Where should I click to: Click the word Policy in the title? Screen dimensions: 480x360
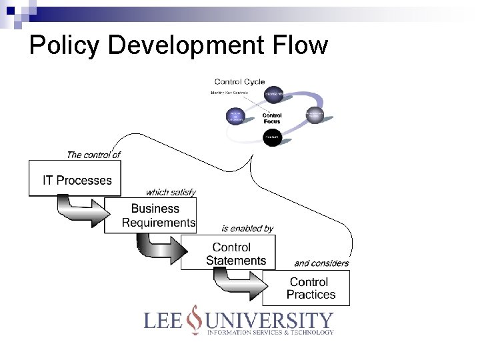[65, 45]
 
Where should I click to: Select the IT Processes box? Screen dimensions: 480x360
[77, 179]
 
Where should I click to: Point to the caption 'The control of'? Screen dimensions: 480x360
[93, 155]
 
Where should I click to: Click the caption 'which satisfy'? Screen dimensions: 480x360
[171, 192]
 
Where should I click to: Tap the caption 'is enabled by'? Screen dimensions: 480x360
[247, 229]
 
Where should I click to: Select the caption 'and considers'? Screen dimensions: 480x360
[321, 263]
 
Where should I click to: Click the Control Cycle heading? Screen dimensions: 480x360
[239, 82]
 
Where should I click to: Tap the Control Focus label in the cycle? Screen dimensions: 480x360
[271, 118]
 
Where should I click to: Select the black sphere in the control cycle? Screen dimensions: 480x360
[271, 138]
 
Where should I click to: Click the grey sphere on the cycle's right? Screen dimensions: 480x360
[314, 115]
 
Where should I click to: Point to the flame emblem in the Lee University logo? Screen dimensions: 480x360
[194, 319]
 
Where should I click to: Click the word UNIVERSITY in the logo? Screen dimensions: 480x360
[269, 320]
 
